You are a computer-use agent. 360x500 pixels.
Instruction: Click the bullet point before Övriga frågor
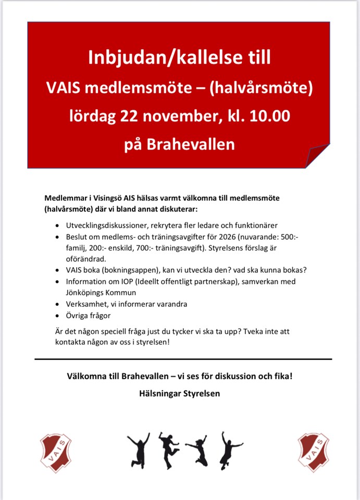pyautogui.click(x=57, y=316)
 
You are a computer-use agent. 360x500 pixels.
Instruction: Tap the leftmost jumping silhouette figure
pyautogui.click(x=138, y=449)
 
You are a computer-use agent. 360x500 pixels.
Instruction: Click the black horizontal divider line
pyautogui.click(x=183, y=359)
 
